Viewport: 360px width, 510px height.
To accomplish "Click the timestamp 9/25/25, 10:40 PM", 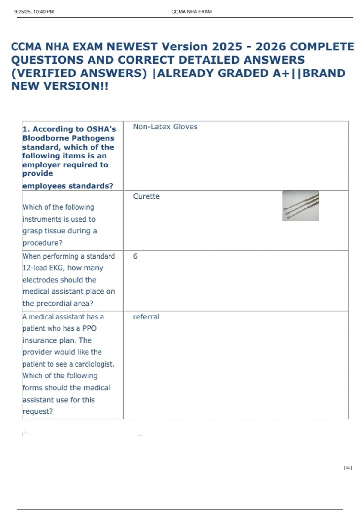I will coord(34,12).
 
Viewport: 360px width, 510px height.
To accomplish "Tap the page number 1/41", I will coord(348,468).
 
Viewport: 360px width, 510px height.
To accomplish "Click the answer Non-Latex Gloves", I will coord(165,127).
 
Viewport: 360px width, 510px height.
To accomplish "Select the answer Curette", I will coord(146,196).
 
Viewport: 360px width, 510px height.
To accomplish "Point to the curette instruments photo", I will coord(301,206).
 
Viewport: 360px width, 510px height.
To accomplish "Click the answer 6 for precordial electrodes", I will coord(135,256).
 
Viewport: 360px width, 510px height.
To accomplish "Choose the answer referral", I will coord(146,317).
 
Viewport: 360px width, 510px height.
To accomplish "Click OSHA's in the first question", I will coord(101,129).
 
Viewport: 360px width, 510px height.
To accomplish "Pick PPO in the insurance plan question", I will coord(89,328).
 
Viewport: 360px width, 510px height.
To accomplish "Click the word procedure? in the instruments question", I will coord(42,243).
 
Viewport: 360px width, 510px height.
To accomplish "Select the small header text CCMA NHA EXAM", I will coord(191,12).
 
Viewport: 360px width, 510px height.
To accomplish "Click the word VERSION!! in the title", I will coord(76,86).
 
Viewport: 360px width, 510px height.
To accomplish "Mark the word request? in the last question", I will coord(38,412).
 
